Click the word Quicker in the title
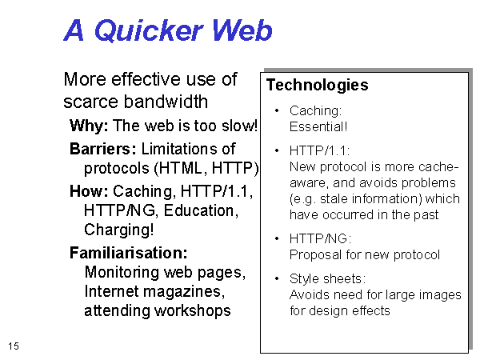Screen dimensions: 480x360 click(149, 30)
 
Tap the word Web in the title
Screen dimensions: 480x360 click(242, 30)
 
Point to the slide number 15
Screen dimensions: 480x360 click(14, 346)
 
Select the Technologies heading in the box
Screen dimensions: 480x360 click(317, 85)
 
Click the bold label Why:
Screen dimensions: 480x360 click(89, 126)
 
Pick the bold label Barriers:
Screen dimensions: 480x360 click(103, 149)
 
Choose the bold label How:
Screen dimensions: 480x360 click(89, 191)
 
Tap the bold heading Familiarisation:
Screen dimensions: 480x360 click(129, 253)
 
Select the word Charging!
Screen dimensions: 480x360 click(118, 230)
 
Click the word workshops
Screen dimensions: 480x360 click(193, 311)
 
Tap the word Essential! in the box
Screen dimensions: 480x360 click(318, 126)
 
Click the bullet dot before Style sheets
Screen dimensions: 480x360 click(277, 278)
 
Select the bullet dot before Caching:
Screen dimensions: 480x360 click(277, 110)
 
